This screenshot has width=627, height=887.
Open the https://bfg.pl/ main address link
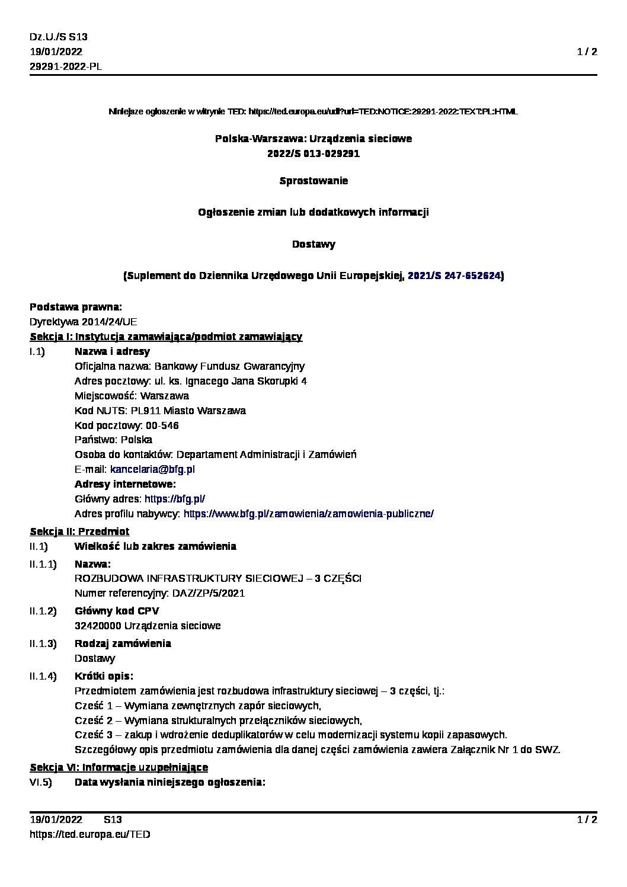tap(175, 499)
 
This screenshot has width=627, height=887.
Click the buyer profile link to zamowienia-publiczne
tap(308, 514)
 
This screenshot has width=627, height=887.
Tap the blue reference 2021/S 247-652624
tap(455, 276)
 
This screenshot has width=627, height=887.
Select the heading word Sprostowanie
tap(313, 181)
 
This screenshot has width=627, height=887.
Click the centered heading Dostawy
tap(313, 244)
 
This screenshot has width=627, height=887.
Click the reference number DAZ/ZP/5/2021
tap(208, 593)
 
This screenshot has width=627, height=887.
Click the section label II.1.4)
tap(43, 676)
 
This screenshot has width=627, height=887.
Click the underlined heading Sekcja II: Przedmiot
tap(79, 531)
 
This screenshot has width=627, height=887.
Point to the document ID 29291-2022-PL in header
tap(66, 66)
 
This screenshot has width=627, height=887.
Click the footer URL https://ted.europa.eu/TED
tap(89, 834)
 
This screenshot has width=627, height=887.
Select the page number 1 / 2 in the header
tap(587, 52)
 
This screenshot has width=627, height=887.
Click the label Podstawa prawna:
tap(76, 307)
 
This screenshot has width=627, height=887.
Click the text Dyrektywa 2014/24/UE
tap(83, 322)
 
